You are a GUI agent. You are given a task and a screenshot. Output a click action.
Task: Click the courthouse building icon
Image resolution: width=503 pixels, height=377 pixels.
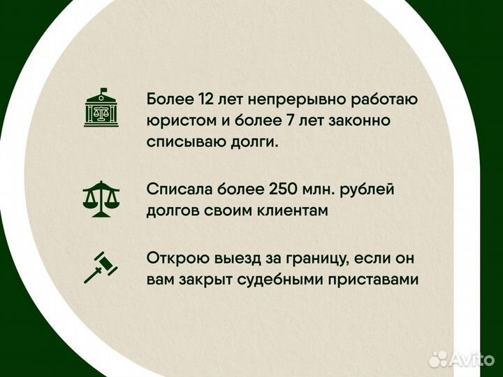click(101, 108)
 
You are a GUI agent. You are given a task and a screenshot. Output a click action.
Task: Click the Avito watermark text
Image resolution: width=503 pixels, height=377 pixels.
click(471, 359)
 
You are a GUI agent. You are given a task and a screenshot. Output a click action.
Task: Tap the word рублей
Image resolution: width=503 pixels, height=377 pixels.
click(381, 189)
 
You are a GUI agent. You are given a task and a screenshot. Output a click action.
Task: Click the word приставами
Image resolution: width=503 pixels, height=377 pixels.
click(380, 279)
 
